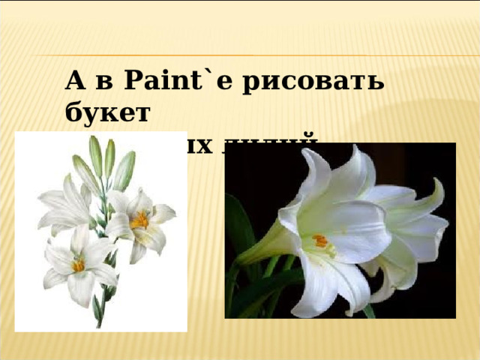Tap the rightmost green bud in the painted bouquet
124,169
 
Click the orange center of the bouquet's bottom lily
78,265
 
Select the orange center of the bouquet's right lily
139,220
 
